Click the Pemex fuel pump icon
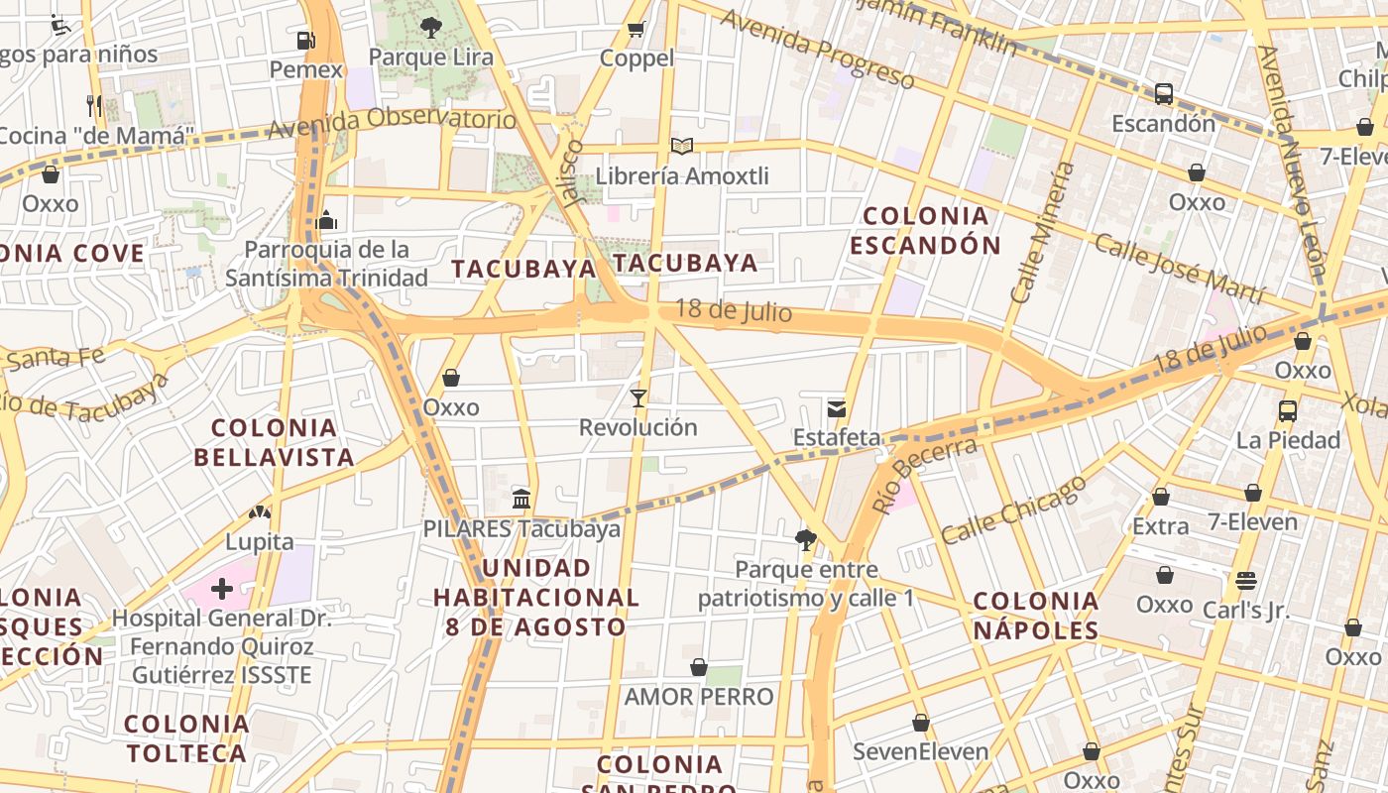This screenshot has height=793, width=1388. coord(306,41)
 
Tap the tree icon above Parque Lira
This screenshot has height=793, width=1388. coord(430,27)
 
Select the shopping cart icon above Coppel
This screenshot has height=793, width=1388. coord(636,29)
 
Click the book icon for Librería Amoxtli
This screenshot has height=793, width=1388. coord(682,147)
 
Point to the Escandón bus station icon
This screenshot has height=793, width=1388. coord(1164,94)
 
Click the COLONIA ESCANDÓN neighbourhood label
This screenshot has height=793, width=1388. coord(926,230)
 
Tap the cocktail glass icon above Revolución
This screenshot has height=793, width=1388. coord(638,398)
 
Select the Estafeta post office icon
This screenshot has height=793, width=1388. coord(837,408)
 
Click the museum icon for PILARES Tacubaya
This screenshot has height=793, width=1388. coord(521,499)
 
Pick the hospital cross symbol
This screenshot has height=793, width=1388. coord(222,590)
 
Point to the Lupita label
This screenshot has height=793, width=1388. coord(260,541)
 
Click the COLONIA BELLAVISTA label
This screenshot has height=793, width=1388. coord(274,442)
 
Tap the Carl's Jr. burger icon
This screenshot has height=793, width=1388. coord(1246,581)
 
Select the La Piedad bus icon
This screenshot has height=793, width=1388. coord(1288,410)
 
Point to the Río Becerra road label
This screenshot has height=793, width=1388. coord(924,475)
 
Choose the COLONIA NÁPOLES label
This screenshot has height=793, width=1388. coord(1036,615)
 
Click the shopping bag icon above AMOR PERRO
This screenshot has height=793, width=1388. coord(699,667)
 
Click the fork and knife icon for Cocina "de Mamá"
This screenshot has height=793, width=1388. coord(95,105)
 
